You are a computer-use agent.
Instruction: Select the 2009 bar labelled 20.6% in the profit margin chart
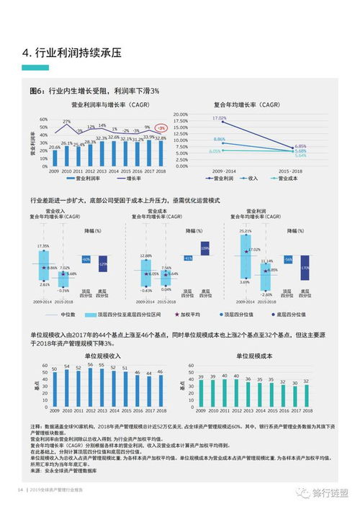pos(54,157)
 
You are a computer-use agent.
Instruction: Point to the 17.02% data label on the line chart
pos(219,118)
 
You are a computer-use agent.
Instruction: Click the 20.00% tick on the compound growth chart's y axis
pos(180,113)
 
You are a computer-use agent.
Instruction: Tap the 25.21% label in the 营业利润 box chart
pos(246,231)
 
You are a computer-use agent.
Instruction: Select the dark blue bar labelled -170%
pos(305,267)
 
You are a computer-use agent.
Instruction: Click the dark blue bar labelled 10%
pos(204,250)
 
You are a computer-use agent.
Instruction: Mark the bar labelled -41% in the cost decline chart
pos(188,258)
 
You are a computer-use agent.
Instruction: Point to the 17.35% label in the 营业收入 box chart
pos(42,246)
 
